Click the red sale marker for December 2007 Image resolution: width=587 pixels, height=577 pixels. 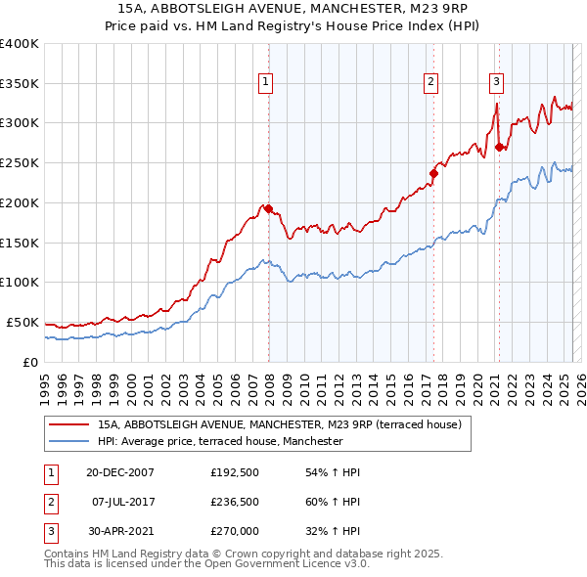(268, 207)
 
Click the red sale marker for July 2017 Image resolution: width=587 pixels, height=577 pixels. (432, 173)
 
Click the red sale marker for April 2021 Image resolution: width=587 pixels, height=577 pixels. (499, 147)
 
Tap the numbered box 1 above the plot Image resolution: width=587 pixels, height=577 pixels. (265, 82)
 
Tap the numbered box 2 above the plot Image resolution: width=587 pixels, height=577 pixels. (430, 82)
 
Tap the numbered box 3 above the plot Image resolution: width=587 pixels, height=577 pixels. (496, 82)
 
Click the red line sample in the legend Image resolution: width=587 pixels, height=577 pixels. (69, 424)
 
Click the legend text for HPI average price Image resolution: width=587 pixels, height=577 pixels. (220, 441)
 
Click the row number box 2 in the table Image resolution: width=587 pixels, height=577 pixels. (50, 503)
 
